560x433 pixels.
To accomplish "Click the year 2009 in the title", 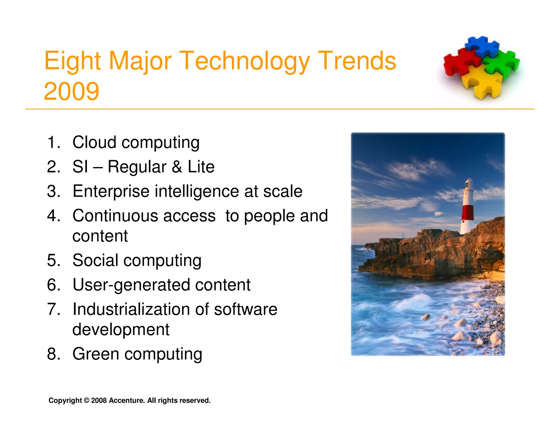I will pyautogui.click(x=71, y=91).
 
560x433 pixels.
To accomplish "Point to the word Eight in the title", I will pyautogui.click(x=73, y=61).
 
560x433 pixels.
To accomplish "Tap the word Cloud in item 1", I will pyautogui.click(x=94, y=142).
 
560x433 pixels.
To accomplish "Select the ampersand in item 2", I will pyautogui.click(x=177, y=167).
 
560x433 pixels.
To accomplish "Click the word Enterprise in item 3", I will pyautogui.click(x=111, y=191).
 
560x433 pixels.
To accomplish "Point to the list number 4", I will pyautogui.click(x=53, y=216).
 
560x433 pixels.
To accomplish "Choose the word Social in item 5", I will pyautogui.click(x=95, y=260).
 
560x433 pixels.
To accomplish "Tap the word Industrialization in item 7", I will pyautogui.click(x=131, y=310).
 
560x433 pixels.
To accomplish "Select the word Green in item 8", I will pyautogui.click(x=96, y=354).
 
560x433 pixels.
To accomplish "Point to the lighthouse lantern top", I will pyautogui.click(x=469, y=182).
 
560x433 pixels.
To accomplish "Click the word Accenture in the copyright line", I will pyautogui.click(x=127, y=400).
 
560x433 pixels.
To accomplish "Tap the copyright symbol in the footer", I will pyautogui.click(x=86, y=400).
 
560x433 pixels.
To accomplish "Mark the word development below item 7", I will pyautogui.click(x=121, y=330).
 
